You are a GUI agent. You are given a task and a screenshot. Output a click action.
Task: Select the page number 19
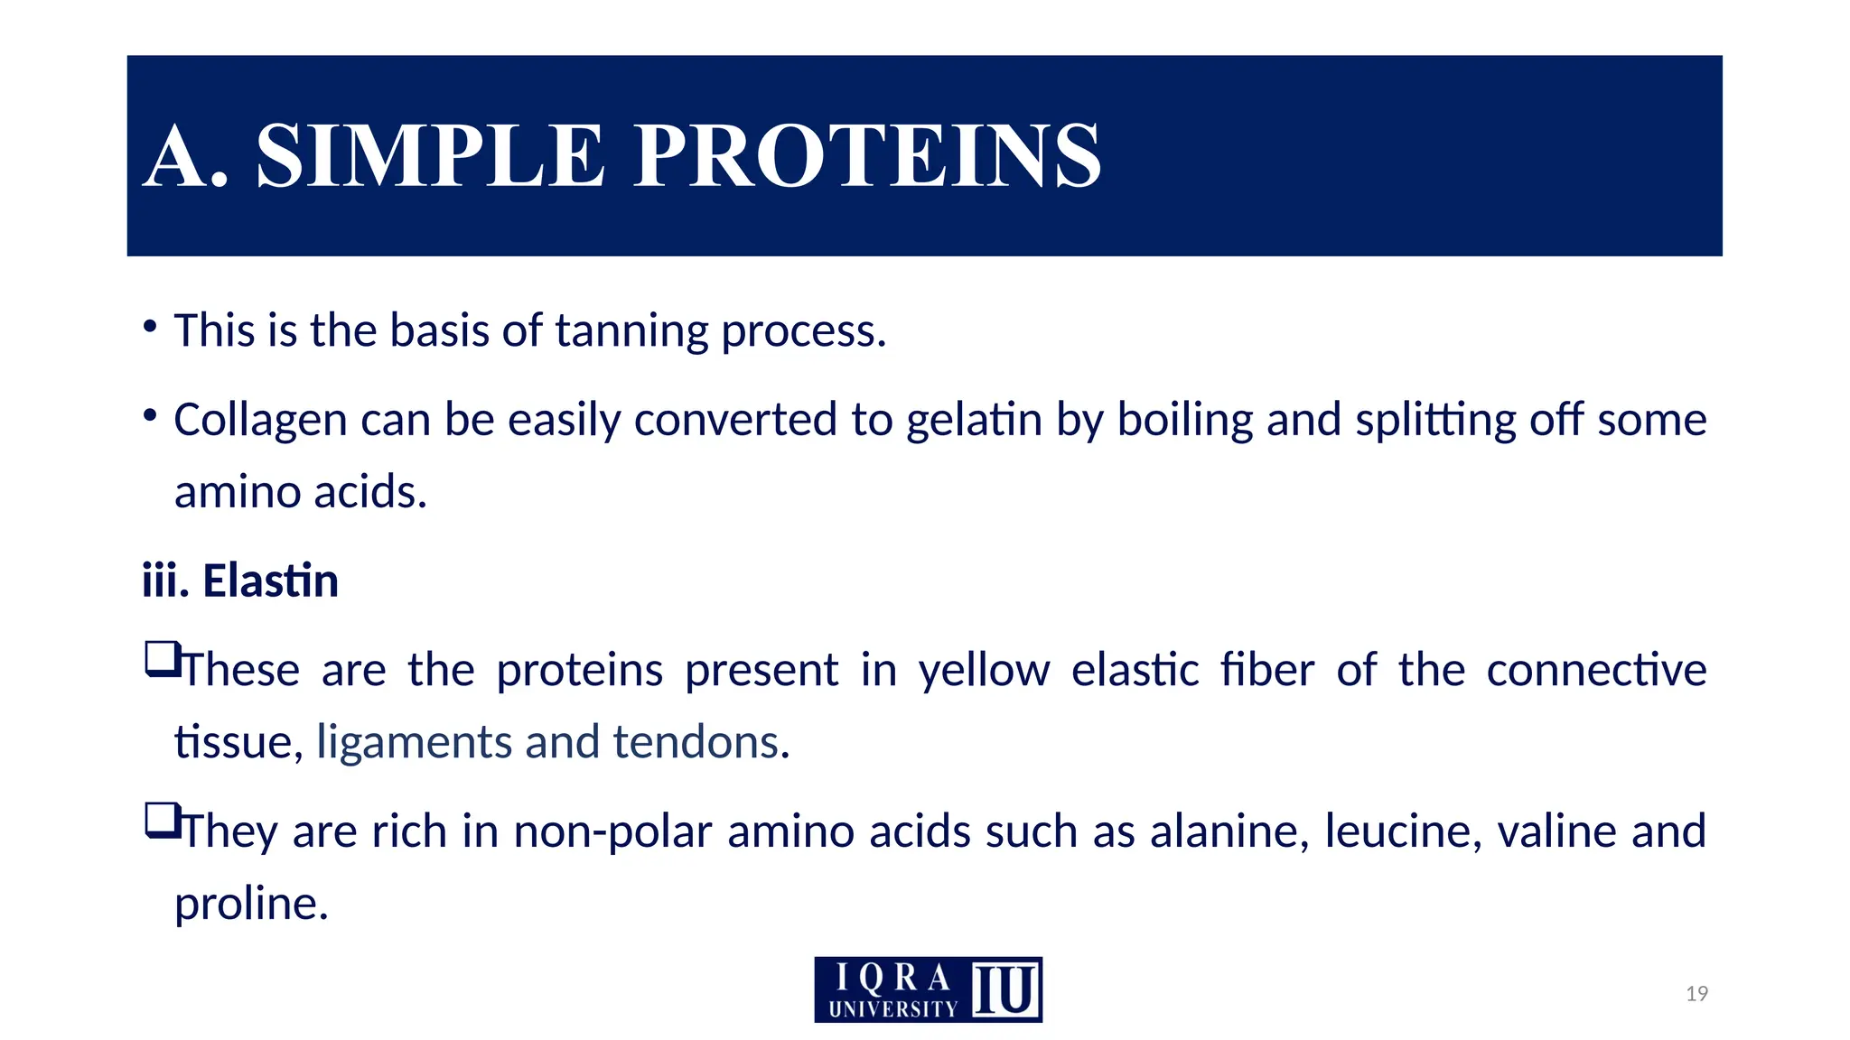click(1696, 994)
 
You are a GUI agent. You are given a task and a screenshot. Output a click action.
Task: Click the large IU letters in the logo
click(1004, 990)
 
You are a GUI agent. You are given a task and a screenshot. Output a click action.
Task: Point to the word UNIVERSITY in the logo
click(892, 1008)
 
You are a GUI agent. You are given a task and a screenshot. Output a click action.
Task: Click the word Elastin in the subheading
click(270, 580)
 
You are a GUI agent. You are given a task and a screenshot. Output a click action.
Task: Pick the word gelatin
click(974, 421)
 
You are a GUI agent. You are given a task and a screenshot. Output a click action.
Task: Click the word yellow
click(984, 671)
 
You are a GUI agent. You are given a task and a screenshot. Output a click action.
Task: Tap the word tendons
click(696, 742)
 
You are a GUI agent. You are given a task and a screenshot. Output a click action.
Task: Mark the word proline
click(250, 903)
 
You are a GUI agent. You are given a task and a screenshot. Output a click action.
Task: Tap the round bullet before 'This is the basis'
click(150, 325)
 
